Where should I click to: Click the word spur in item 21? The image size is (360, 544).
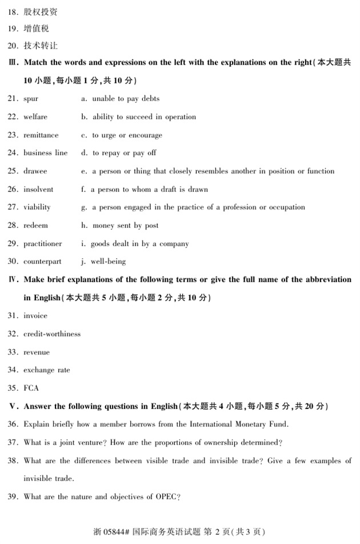[31, 99]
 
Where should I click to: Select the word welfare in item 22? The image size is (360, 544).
[35, 117]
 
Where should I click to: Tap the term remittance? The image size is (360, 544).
[41, 135]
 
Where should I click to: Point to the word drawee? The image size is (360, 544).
[35, 171]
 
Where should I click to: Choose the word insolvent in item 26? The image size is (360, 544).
[38, 189]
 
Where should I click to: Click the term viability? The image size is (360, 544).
[37, 207]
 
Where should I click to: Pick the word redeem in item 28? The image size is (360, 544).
[35, 225]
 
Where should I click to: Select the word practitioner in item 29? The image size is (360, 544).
[43, 243]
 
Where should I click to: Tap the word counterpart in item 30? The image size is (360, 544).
[42, 261]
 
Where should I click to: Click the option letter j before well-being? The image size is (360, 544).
[83, 261]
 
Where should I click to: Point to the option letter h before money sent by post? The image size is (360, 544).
[83, 225]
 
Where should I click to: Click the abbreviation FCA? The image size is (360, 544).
[31, 388]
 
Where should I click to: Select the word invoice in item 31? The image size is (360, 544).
[35, 315]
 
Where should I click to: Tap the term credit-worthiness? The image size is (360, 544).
[52, 334]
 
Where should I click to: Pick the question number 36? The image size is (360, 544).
[13, 424]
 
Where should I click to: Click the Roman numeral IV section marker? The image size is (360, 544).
[13, 279]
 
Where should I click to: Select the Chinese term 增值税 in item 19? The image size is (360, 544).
[36, 29]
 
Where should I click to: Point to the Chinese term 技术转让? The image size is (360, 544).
[41, 45]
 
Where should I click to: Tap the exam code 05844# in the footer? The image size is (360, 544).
[116, 531]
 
